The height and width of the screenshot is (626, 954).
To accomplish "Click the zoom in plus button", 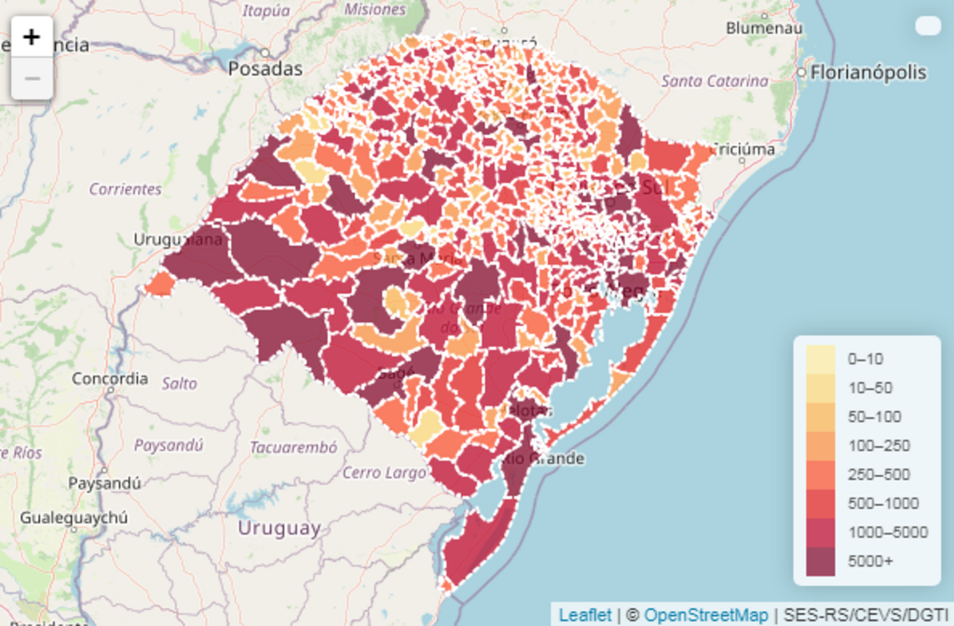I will tap(32, 37).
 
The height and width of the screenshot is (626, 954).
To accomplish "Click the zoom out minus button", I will tap(32, 79).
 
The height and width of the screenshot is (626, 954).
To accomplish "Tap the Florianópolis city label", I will tap(868, 73).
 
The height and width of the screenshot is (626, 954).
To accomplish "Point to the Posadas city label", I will tap(266, 69).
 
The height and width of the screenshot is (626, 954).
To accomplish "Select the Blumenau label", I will tap(764, 28).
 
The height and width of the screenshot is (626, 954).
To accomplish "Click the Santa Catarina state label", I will tap(715, 81).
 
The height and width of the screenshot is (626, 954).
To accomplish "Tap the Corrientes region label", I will tap(125, 189).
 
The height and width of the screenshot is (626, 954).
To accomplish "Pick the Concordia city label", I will tap(110, 378).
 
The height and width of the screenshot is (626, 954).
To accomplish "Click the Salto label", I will tap(179, 383).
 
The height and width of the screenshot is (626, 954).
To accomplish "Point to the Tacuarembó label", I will tap(293, 447).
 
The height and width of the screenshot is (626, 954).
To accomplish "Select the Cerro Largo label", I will tap(384, 472).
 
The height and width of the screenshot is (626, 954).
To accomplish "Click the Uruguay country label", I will tap(279, 528).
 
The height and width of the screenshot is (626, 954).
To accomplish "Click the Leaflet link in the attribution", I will tap(585, 615).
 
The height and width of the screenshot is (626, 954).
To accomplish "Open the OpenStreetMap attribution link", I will tap(706, 615).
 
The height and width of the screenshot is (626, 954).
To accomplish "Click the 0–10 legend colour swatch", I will tap(820, 359).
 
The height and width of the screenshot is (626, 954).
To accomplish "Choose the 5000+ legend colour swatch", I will tap(820, 561).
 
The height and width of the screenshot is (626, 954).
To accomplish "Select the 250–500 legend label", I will tap(879, 474).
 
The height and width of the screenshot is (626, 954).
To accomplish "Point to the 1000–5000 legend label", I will tap(887, 532).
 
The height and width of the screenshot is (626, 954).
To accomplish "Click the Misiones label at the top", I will tap(375, 9).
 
